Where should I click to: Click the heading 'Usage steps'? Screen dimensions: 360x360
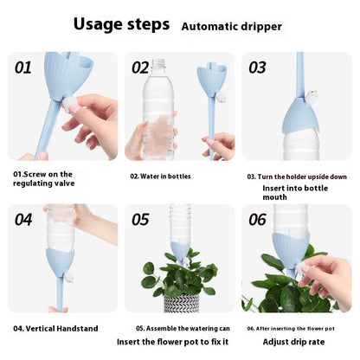pyautogui.click(x=121, y=24)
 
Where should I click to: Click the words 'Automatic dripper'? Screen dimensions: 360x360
pyautogui.click(x=232, y=27)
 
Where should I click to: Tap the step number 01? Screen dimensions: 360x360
pyautogui.click(x=23, y=67)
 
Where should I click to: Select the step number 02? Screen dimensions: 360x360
pyautogui.click(x=140, y=67)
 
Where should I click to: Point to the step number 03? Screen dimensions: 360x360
pyautogui.click(x=257, y=67)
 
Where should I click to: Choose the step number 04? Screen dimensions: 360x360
pyautogui.click(x=23, y=220)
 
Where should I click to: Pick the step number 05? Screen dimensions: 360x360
pyautogui.click(x=140, y=220)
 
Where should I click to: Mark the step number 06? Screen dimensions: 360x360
pyautogui.click(x=258, y=220)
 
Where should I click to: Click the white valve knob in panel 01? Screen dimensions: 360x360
pyautogui.click(x=70, y=104)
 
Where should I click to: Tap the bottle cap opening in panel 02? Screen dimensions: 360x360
pyautogui.click(x=158, y=61)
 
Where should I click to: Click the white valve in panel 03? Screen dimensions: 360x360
pyautogui.click(x=312, y=95)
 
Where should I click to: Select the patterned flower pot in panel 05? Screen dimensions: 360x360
pyautogui.click(x=182, y=303)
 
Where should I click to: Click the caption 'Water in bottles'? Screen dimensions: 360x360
pyautogui.click(x=160, y=177)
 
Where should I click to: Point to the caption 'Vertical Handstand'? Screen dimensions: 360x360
pyautogui.click(x=55, y=329)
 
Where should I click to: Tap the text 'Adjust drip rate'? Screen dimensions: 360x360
pyautogui.click(x=293, y=342)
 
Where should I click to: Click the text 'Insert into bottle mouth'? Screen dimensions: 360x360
pyautogui.click(x=295, y=193)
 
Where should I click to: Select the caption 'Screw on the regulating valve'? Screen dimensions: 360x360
pyautogui.click(x=44, y=179)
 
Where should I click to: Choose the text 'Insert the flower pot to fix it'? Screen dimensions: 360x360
pyautogui.click(x=172, y=342)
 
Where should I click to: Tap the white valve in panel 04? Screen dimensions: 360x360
pyautogui.click(x=69, y=278)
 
